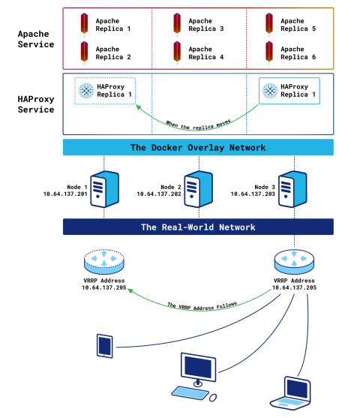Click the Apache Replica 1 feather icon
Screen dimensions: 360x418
click(x=84, y=25)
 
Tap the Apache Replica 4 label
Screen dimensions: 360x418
click(x=206, y=53)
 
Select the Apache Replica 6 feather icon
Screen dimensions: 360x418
click(x=269, y=53)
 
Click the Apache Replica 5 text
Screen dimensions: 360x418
click(x=298, y=25)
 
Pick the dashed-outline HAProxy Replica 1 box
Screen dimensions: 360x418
click(x=105, y=91)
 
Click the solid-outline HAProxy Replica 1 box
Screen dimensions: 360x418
click(x=289, y=91)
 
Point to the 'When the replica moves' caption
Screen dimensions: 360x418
click(x=199, y=125)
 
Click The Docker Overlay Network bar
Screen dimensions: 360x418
click(x=198, y=147)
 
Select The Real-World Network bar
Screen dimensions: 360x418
click(x=198, y=227)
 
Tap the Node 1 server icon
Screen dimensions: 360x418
click(x=104, y=189)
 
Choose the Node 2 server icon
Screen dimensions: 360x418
click(x=199, y=189)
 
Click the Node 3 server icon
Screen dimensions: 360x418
click(x=292, y=189)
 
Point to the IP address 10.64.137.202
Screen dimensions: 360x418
click(x=159, y=194)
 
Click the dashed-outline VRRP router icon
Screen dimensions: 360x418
click(x=104, y=262)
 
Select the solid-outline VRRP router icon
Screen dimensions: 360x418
click(x=294, y=262)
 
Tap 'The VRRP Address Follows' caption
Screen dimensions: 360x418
click(x=202, y=306)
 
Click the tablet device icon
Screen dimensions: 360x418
click(x=105, y=346)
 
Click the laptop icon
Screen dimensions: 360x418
click(x=291, y=393)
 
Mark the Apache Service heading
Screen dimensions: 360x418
click(x=36, y=39)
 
